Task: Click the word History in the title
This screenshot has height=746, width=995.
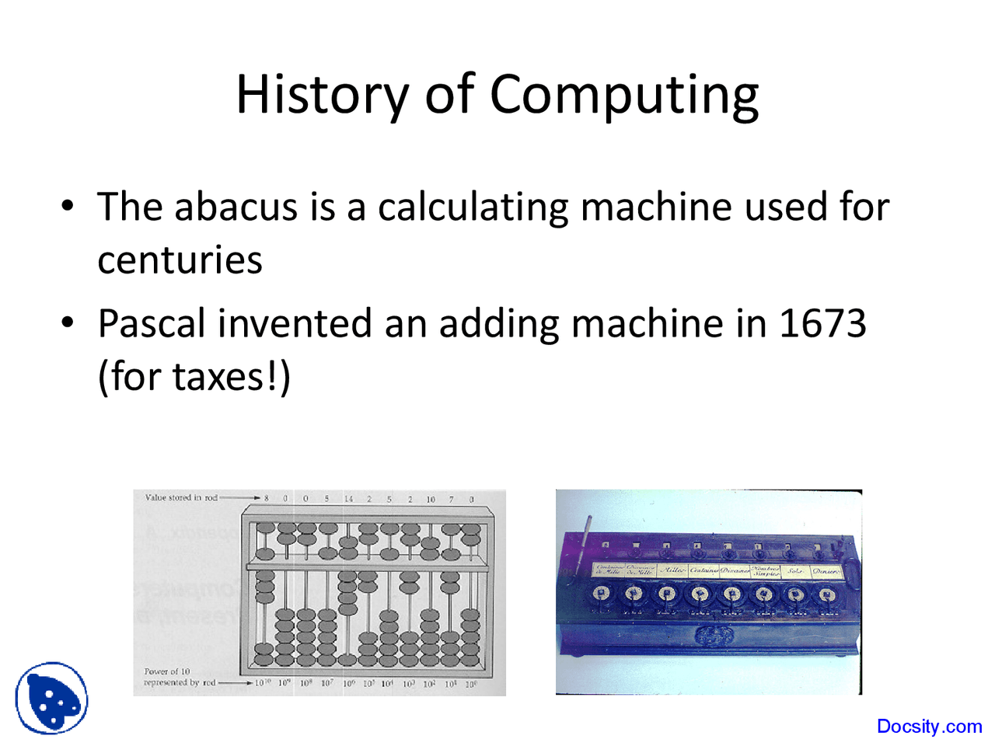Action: point(322,95)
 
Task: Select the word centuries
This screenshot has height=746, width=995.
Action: point(180,260)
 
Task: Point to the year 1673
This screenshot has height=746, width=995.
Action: point(822,323)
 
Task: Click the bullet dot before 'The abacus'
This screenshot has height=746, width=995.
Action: point(68,206)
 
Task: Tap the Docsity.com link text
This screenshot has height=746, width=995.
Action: point(929,727)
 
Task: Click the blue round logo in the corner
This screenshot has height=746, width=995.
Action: point(51,698)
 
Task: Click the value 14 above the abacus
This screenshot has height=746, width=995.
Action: point(348,499)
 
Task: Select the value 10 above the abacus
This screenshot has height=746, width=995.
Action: point(431,499)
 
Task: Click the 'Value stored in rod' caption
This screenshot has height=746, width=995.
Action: point(181,497)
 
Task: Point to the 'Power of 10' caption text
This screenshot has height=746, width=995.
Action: point(167,671)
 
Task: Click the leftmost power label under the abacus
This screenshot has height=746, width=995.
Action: point(263,683)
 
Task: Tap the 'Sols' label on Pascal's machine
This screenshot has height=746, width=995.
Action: point(794,571)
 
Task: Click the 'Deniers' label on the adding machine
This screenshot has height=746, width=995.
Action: point(826,571)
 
